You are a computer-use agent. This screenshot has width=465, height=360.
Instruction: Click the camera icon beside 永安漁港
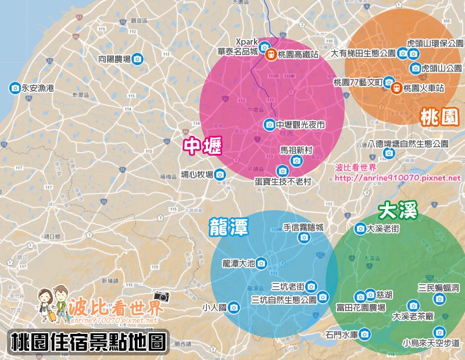point(15,88)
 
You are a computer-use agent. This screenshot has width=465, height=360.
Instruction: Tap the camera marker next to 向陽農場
point(137,59)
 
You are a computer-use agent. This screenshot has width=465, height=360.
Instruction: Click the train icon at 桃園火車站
point(396,88)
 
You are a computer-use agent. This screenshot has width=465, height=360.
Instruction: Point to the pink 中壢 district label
point(202,146)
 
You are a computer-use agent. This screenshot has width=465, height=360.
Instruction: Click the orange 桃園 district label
point(439,118)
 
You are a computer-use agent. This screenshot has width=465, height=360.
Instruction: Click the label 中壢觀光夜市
point(301,125)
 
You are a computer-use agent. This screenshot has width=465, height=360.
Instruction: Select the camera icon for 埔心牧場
point(220,174)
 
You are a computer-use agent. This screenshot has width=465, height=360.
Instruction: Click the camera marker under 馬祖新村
point(296,160)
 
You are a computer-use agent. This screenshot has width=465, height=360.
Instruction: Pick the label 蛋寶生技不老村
point(283,182)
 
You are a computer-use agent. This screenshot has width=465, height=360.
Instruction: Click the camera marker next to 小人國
point(234,307)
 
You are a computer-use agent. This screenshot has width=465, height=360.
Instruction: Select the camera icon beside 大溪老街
point(360,229)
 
